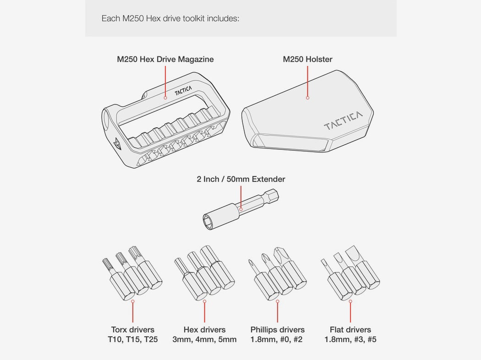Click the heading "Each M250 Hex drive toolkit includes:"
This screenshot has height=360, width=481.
170,18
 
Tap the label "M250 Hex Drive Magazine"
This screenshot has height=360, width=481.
165,59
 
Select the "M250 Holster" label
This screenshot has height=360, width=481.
308,59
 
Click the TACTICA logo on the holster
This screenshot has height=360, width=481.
343,120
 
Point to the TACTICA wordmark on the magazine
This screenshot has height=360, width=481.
183,91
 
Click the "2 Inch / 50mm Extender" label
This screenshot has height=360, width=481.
241,179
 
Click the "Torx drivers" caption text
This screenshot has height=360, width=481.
132,330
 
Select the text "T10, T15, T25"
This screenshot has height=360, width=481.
132,339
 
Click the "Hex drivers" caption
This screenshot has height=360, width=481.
205,330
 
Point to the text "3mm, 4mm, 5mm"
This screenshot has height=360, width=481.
205,339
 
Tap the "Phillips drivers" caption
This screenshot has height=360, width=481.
278,330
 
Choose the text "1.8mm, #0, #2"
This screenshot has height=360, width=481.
277,339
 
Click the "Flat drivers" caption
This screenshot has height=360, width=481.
350,330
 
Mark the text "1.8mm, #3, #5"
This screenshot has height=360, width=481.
350,339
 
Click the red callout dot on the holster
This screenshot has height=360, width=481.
308,98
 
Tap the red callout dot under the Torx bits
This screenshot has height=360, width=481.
132,301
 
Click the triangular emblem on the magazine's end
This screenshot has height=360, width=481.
117,144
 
